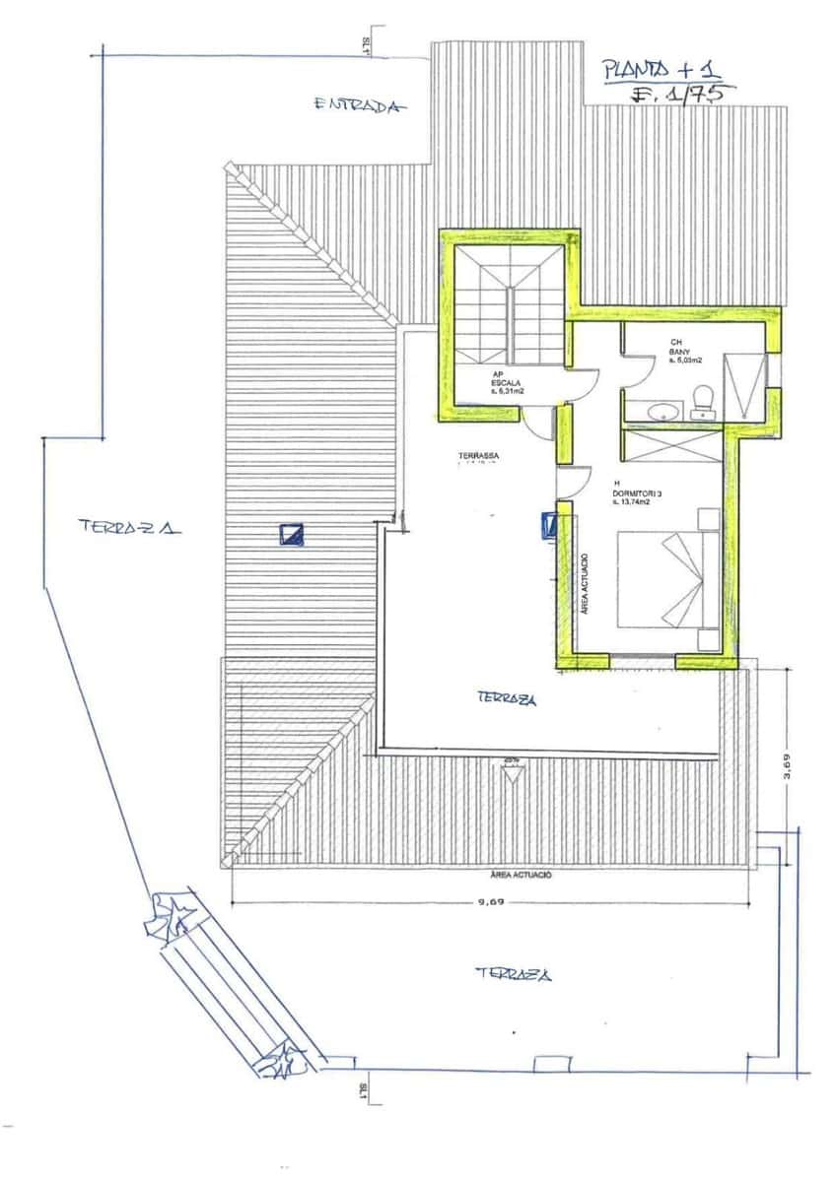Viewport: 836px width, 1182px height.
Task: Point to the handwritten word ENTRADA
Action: coord(359,106)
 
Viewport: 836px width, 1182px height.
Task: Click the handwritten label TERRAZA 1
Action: coord(130,527)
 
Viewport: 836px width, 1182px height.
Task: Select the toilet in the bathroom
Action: coord(703,400)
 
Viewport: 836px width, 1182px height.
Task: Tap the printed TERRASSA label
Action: coord(478,456)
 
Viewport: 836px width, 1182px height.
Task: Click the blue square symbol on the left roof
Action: coord(292,535)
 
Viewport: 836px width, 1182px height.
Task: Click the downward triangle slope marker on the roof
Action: coord(511,774)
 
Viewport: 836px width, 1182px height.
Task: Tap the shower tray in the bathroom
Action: coord(743,387)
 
